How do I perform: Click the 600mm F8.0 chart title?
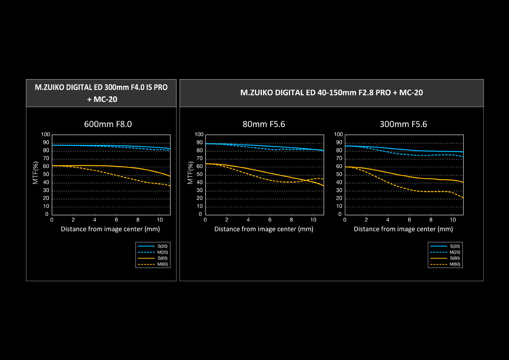pos(108,124)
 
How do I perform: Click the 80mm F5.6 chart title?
pos(264,124)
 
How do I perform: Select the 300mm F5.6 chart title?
pos(403,124)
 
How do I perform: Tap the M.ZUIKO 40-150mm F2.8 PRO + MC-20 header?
pos(332,93)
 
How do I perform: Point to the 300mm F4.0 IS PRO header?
pos(101,93)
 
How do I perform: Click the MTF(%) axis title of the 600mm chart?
pos(35,173)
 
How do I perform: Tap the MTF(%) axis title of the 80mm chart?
pos(190,173)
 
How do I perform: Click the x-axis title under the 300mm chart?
pos(403,229)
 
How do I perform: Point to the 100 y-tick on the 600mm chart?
pos(45,134)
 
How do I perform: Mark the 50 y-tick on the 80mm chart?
pos(200,174)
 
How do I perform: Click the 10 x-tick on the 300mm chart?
pos(453,220)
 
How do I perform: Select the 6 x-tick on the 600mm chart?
pos(116,220)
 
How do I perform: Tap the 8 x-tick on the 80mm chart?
pos(291,220)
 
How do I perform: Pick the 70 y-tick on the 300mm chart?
pos(339,158)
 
